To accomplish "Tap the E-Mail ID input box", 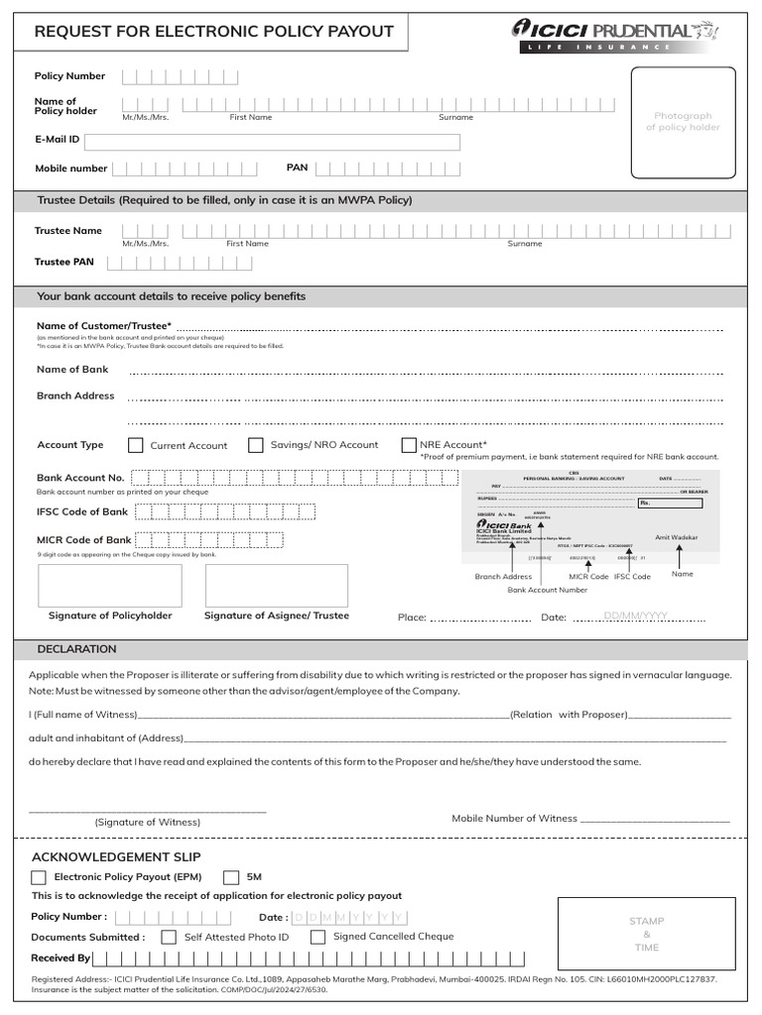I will point(291,142).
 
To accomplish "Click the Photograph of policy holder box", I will point(684,122).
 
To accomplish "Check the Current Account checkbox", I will point(136,446).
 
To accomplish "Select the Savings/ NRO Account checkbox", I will point(256,446).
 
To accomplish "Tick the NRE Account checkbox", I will point(409,446).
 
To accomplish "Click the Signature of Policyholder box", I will point(110,586).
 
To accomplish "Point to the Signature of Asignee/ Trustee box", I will point(277,586).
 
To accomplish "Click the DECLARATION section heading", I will point(76,649).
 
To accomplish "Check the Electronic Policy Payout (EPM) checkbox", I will point(39,877).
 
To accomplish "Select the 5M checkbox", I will point(231,877).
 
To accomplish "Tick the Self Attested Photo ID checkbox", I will point(169,937).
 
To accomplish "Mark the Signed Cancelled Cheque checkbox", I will point(317,937).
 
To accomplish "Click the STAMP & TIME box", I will point(646,934).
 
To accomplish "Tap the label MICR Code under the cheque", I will point(588,577).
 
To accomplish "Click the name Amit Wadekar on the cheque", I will point(677,537).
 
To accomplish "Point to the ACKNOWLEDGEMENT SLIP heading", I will point(116,856).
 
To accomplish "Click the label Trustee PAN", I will point(64,263).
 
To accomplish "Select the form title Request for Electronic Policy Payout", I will point(214,32).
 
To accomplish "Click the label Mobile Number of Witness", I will point(514,819).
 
